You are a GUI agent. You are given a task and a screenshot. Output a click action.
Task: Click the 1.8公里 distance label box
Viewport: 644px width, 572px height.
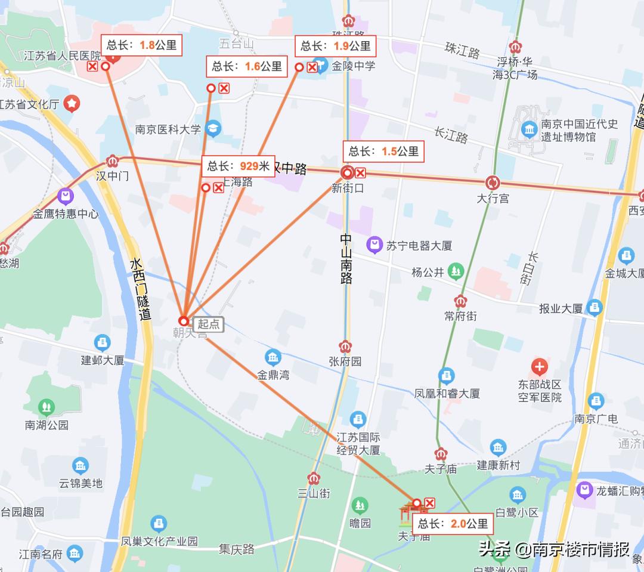pyautogui.click(x=141, y=45)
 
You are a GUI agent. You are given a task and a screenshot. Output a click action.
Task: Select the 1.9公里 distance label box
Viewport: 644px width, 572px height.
pyautogui.click(x=336, y=46)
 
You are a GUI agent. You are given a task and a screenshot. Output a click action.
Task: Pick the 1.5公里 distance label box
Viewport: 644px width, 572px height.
pyautogui.click(x=383, y=151)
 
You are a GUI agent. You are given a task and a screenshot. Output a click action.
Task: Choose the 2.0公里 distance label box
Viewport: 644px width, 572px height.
pyautogui.click(x=453, y=524)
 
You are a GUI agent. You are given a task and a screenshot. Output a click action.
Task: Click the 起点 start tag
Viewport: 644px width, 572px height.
pyautogui.click(x=209, y=324)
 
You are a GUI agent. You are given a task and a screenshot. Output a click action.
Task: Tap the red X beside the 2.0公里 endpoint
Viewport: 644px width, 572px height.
pyautogui.click(x=429, y=503)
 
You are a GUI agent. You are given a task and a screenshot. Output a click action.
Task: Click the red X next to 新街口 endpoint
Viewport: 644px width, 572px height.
pyautogui.click(x=360, y=173)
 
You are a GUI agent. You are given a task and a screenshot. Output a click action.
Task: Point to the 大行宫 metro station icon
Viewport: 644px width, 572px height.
pyautogui.click(x=493, y=183)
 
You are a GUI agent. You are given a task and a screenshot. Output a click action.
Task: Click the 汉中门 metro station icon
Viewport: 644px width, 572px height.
pyautogui.click(x=112, y=161)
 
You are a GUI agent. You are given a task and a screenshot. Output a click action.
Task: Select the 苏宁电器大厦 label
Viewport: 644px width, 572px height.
pyautogui.click(x=419, y=245)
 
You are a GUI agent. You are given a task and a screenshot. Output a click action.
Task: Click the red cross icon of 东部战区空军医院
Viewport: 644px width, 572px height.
pyautogui.click(x=540, y=366)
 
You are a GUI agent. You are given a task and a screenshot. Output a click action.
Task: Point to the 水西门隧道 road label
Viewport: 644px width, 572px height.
pyautogui.click(x=141, y=290)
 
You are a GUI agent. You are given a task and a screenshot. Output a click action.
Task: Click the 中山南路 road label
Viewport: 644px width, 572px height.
pyautogui.click(x=346, y=258)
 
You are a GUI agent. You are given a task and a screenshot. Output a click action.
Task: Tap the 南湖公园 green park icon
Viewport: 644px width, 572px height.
pyautogui.click(x=46, y=407)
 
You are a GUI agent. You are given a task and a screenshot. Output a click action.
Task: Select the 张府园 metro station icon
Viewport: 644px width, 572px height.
pyautogui.click(x=345, y=347)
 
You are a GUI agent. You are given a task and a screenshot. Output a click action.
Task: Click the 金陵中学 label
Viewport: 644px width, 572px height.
pyautogui.click(x=354, y=66)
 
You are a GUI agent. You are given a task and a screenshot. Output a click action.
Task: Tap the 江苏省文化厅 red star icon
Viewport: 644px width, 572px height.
pyautogui.click(x=72, y=103)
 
